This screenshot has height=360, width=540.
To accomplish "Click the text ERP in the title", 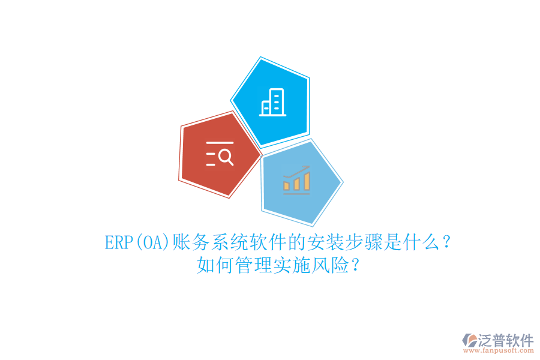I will coord(118,243).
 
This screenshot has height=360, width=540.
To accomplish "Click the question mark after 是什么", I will coord(446,243).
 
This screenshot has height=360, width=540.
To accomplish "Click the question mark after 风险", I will coord(355,265).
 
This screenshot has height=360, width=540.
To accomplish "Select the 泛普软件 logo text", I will coord(505,340).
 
